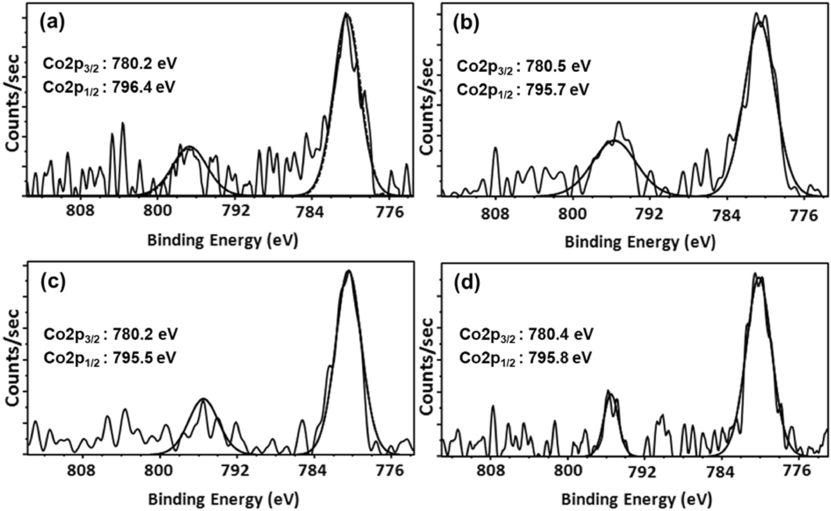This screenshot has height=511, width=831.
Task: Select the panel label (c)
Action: click(52, 281)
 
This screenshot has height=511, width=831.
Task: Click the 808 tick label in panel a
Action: click(81, 212)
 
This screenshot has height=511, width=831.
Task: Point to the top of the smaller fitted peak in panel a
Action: click(188, 147)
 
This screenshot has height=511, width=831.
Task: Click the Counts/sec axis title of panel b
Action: click(428, 105)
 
